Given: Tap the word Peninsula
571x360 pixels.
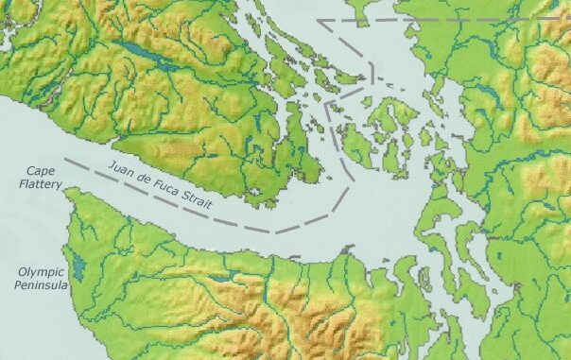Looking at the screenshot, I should [x=41, y=284].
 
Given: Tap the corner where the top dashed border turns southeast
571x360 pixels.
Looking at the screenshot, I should [x=319, y=20].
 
